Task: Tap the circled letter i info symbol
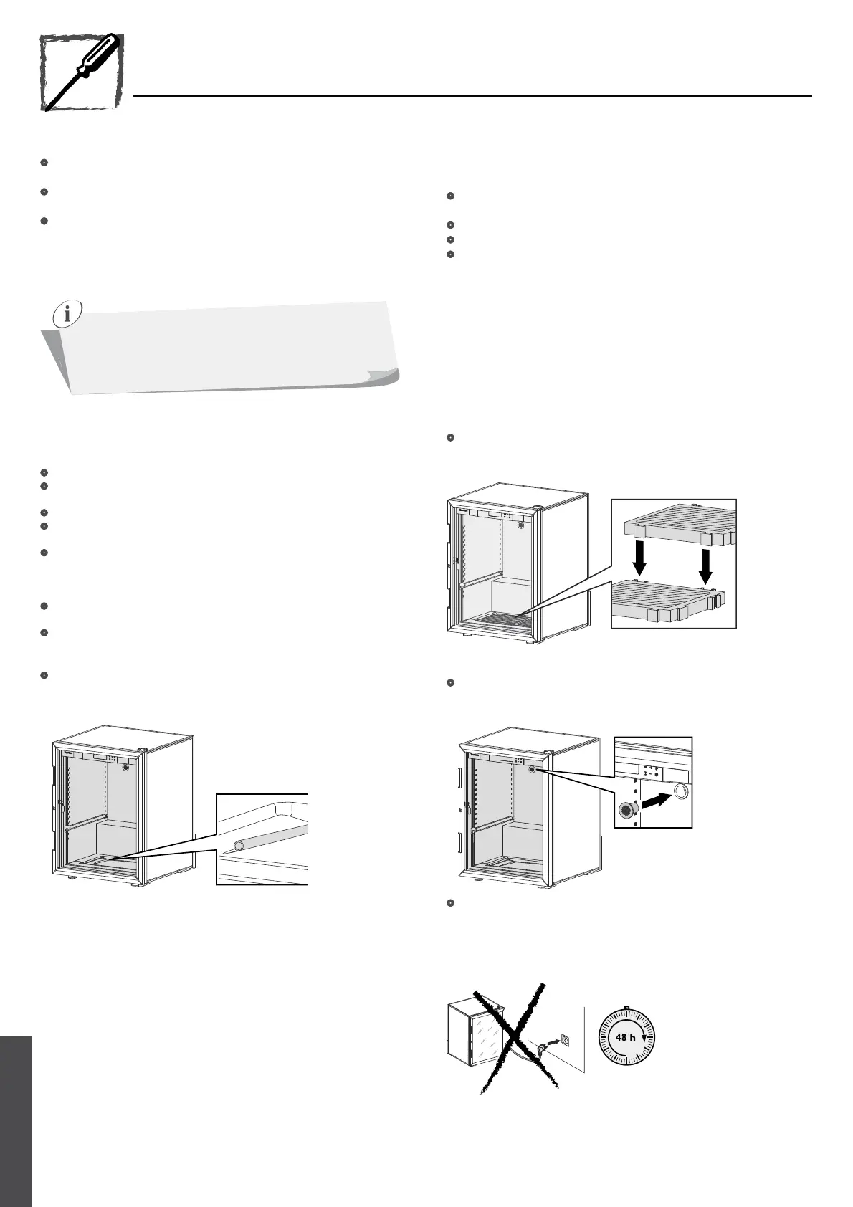point(67,315)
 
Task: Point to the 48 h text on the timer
point(626,1037)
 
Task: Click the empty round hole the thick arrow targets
point(680,792)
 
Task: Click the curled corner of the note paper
point(383,377)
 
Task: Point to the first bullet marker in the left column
point(44,163)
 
